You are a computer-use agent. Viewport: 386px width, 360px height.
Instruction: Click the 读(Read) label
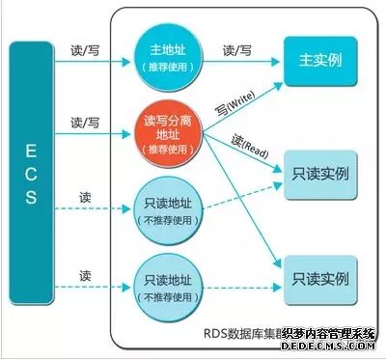click(x=249, y=148)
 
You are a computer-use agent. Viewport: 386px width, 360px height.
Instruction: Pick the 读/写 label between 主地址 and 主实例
click(x=237, y=48)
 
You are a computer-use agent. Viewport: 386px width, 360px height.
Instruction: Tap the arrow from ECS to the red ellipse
click(x=93, y=137)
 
